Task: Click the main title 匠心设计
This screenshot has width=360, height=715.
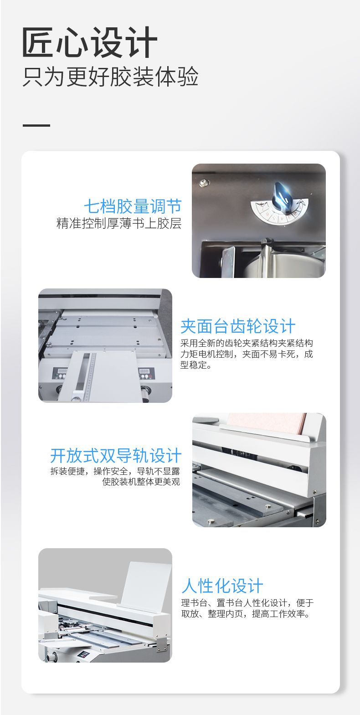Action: (x=90, y=42)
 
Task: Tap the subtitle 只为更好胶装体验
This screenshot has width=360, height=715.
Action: (x=110, y=77)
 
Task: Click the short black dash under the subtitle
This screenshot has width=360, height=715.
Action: (x=36, y=125)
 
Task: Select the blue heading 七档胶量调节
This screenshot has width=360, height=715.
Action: (x=133, y=206)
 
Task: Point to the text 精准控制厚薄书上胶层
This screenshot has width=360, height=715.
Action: (x=119, y=223)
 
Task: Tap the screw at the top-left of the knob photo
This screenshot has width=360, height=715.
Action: (x=203, y=183)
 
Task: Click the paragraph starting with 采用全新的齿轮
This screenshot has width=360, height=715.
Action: (x=247, y=354)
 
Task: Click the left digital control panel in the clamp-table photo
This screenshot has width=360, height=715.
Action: (x=60, y=374)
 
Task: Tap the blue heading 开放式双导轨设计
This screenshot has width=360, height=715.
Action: (x=116, y=455)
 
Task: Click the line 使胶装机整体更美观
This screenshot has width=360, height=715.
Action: (x=141, y=482)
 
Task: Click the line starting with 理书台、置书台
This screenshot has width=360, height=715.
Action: (x=247, y=603)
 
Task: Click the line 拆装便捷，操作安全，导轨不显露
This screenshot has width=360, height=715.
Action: (x=115, y=471)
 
